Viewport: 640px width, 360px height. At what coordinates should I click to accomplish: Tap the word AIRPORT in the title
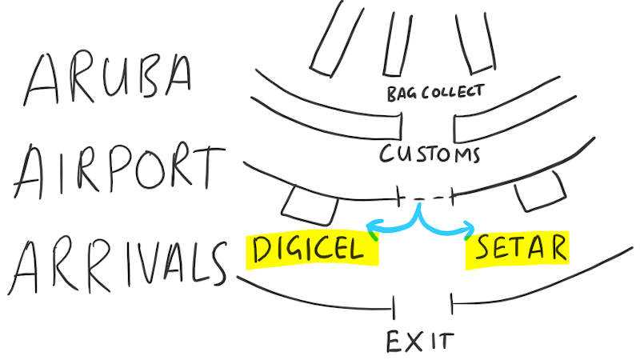[x=116, y=170]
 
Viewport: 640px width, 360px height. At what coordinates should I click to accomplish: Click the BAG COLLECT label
[x=435, y=92]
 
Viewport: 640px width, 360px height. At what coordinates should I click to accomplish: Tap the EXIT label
[x=419, y=341]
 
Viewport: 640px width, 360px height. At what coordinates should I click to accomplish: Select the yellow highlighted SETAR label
[x=518, y=248]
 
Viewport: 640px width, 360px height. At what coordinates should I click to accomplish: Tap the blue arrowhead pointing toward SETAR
[x=470, y=233]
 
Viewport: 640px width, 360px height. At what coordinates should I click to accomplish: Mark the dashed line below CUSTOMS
[x=426, y=195]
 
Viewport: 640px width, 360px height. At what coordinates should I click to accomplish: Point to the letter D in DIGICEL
[x=262, y=250]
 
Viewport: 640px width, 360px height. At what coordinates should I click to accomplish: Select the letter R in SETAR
[x=556, y=248]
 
